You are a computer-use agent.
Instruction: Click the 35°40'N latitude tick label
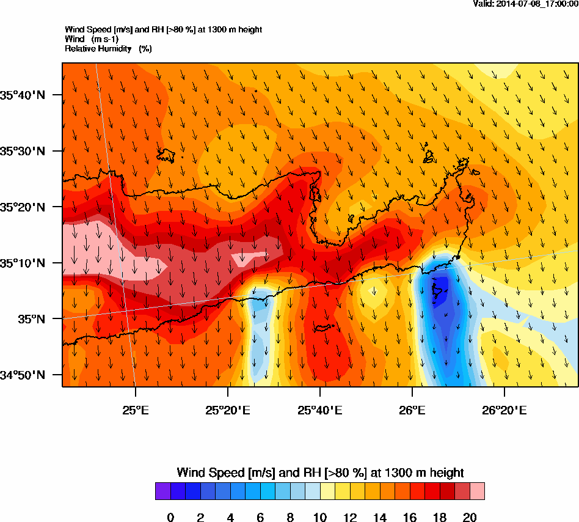point(23,95)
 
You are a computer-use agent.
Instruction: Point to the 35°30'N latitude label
point(23,151)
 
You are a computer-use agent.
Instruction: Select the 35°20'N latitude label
point(23,207)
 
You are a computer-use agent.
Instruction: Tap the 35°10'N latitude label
point(23,263)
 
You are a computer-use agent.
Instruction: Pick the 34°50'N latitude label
point(23,375)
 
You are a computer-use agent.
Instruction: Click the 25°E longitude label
point(135,410)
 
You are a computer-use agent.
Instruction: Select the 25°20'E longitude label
point(228,410)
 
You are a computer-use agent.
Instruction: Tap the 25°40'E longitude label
point(320,410)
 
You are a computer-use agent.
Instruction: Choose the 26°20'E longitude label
point(504,410)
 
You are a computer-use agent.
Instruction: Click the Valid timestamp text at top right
point(526,4)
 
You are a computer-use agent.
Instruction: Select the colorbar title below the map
point(320,472)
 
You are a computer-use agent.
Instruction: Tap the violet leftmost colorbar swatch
point(162,491)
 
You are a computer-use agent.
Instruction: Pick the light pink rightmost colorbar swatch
point(477,491)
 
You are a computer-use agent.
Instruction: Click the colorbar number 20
point(470,518)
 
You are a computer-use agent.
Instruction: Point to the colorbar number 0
point(170,518)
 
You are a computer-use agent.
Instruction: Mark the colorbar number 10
point(320,518)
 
